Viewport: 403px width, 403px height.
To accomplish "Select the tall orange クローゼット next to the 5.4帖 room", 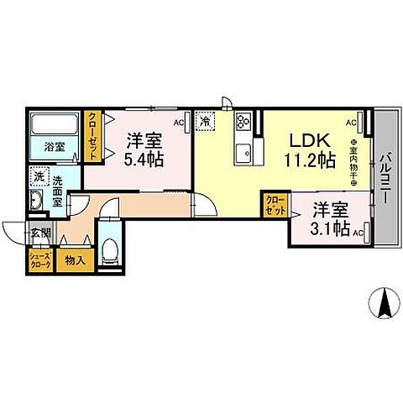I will pyautogui.click(x=94, y=136).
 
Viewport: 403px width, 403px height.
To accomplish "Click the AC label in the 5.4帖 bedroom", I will pyautogui.click(x=178, y=123).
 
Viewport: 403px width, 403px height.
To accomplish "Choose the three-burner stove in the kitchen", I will pyautogui.click(x=244, y=123).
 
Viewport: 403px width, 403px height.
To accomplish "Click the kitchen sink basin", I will pyautogui.click(x=244, y=153).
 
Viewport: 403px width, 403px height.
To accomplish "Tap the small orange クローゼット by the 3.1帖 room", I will pyautogui.click(x=273, y=205).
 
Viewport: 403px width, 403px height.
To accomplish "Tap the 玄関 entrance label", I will pyautogui.click(x=40, y=233).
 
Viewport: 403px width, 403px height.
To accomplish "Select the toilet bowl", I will pyautogui.click(x=111, y=251).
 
